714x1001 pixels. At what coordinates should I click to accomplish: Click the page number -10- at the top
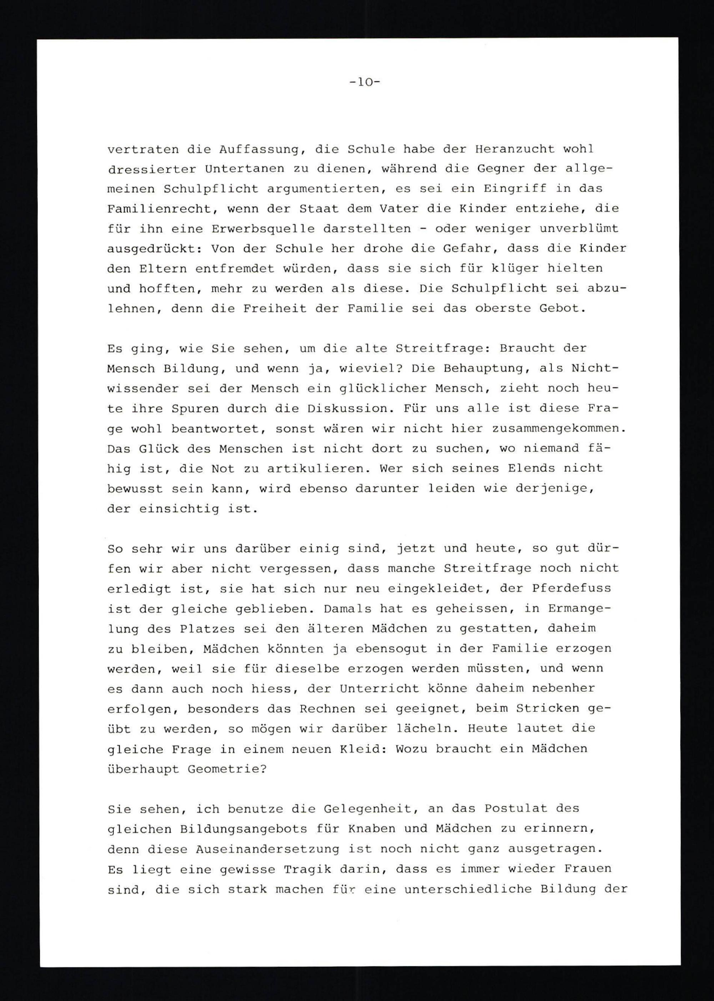[364, 82]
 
